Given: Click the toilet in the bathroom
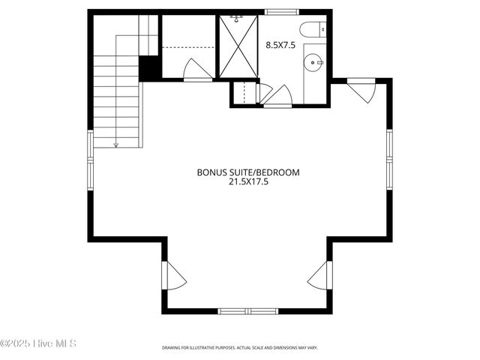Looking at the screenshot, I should [x=311, y=31].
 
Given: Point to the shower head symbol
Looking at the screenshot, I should [x=238, y=16].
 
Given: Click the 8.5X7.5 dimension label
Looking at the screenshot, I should [x=281, y=44].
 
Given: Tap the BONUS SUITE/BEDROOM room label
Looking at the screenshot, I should [x=248, y=172].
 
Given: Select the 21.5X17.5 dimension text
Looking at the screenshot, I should [x=248, y=181].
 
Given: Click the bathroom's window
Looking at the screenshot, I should [x=280, y=11].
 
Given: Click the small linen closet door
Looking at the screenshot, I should [x=263, y=93].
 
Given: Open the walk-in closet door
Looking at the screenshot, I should [x=196, y=70].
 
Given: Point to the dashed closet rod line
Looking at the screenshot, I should [x=188, y=47].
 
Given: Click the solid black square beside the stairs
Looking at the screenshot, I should [x=150, y=67].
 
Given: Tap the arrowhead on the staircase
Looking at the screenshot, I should [x=116, y=143].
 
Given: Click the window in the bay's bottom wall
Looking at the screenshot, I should [x=248, y=310].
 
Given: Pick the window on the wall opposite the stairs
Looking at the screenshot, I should [x=390, y=157].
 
